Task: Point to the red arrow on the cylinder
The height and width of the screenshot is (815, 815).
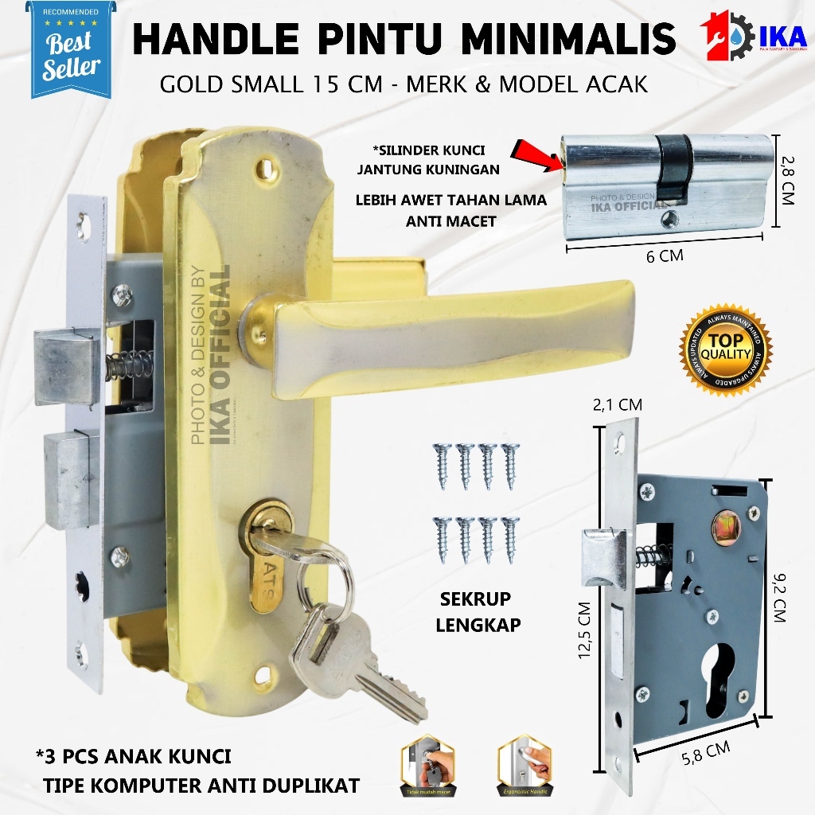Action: [x=541, y=154]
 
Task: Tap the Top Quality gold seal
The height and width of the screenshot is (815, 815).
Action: [x=725, y=347]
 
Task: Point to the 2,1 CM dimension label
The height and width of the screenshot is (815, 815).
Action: [x=618, y=405]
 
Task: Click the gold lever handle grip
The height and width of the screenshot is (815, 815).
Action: [x=446, y=334]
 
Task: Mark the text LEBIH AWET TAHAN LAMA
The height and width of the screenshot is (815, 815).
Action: [x=451, y=201]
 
